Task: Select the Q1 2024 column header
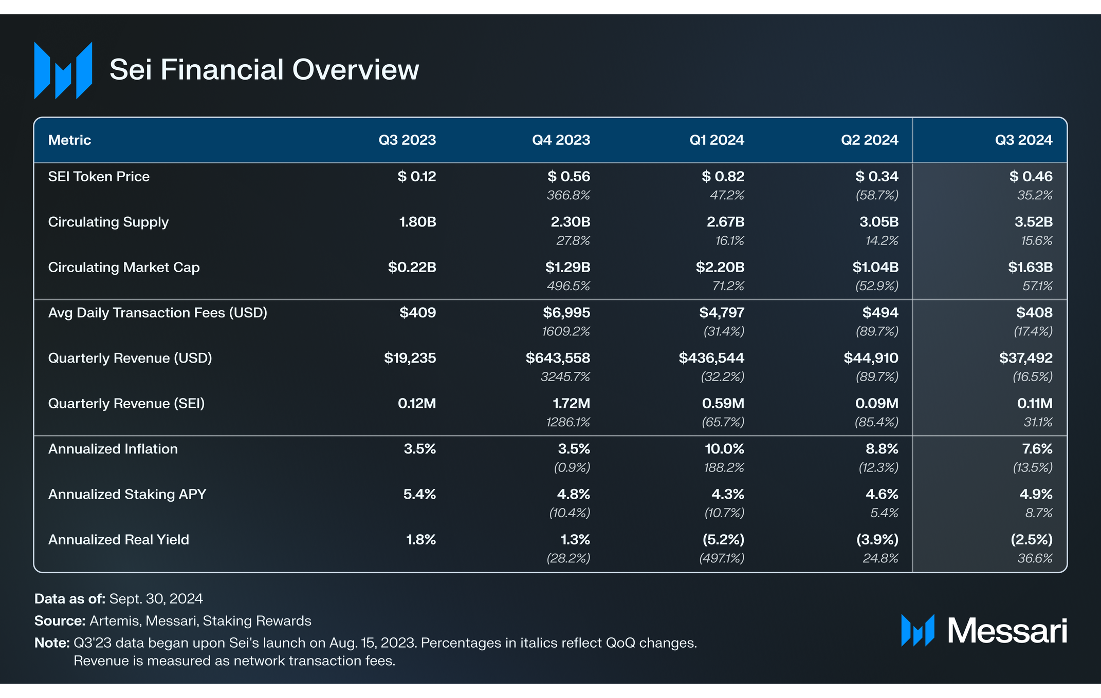[x=717, y=140]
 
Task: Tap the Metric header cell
[x=69, y=140]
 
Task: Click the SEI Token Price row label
[x=99, y=177]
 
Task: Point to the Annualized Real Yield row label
[x=118, y=540]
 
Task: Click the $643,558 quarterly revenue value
[x=558, y=358]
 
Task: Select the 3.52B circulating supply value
[x=1033, y=222]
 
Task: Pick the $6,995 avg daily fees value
[x=566, y=313]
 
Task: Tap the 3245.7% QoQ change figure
[x=565, y=377]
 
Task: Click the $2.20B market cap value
[x=720, y=268]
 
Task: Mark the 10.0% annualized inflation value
[x=724, y=449]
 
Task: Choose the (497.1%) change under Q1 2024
[x=722, y=558]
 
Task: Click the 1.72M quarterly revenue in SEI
[x=571, y=404]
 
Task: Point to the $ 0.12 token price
[x=416, y=177]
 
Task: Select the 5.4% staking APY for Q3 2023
[x=419, y=495]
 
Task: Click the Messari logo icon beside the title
[x=63, y=70]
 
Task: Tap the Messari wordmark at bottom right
[x=1006, y=631]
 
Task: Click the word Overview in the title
[x=356, y=70]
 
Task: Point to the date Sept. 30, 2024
[x=156, y=599]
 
